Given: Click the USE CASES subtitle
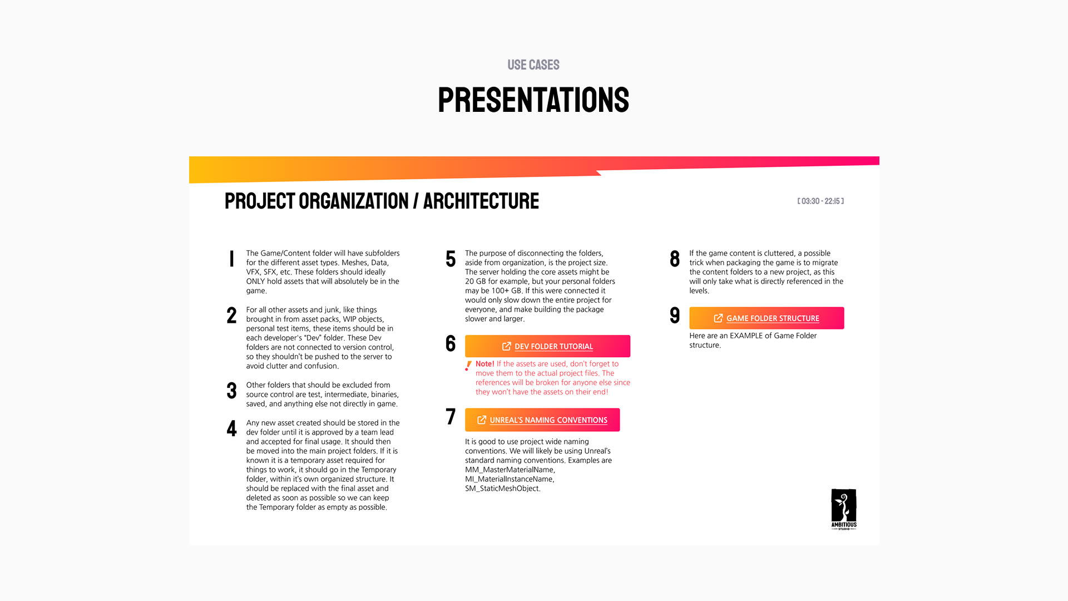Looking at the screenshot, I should (533, 65).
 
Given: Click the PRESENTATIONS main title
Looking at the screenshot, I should (533, 100).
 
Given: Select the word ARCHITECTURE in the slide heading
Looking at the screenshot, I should (481, 201).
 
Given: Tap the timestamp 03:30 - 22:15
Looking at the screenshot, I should (820, 201).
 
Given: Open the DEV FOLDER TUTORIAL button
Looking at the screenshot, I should (547, 346).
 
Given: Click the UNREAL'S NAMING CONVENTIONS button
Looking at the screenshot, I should (542, 420).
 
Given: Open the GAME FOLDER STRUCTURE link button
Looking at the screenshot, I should (767, 318).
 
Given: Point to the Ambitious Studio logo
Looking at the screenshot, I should (843, 509).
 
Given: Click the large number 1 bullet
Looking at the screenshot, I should (231, 259).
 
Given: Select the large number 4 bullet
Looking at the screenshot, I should (231, 428).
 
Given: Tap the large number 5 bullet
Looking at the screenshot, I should (451, 259).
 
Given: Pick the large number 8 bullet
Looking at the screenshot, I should (675, 259).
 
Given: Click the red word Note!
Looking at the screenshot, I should (484, 364).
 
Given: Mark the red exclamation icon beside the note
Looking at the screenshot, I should (468, 366).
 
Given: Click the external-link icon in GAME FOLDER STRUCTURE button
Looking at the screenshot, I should (718, 318).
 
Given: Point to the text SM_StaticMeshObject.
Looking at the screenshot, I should (502, 489).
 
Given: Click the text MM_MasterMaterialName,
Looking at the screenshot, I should (510, 470).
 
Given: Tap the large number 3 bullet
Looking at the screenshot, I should (231, 391).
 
